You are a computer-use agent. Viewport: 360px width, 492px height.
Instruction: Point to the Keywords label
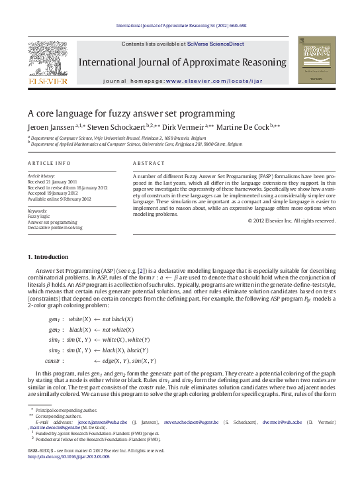point(38,210)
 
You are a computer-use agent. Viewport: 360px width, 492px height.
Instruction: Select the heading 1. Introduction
point(48,256)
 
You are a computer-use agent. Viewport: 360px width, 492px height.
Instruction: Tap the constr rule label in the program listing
point(54,361)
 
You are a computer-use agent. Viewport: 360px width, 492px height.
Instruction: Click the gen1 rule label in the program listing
point(54,319)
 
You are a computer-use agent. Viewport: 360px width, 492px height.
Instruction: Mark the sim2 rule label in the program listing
point(54,350)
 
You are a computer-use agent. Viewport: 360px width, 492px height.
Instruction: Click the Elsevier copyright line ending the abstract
point(291,221)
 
